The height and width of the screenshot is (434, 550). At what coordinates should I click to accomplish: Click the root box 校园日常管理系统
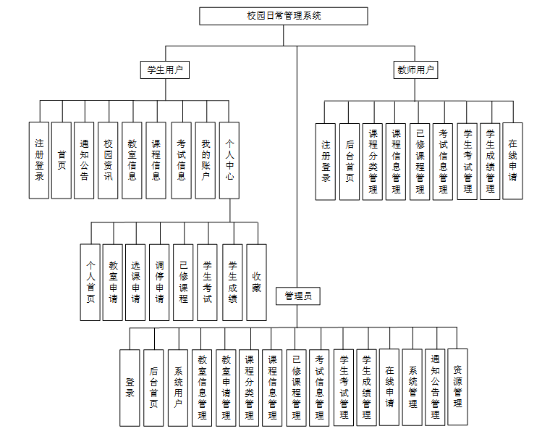[284, 16]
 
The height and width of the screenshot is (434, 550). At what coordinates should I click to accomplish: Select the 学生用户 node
[164, 70]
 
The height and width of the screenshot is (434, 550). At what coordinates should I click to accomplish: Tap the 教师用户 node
[416, 70]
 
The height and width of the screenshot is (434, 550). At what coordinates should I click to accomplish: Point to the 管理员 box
[297, 296]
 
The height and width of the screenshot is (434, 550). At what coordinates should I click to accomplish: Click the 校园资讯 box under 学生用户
[109, 159]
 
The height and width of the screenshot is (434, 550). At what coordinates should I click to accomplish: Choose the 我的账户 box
[206, 159]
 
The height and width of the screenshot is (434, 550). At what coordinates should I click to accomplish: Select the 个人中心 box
[229, 159]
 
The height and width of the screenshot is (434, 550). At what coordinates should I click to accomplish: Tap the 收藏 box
[256, 282]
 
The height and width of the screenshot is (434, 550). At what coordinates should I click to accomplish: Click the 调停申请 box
[160, 282]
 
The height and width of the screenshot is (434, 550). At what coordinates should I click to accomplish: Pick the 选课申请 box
[136, 282]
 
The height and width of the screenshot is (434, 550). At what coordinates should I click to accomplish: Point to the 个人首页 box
[90, 282]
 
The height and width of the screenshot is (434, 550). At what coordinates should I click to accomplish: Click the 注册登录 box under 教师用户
[326, 161]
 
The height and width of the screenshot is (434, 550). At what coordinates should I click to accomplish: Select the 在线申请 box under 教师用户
[512, 161]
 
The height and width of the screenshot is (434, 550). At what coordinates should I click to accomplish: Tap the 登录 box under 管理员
[130, 387]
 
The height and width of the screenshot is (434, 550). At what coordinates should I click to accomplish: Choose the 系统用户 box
[177, 387]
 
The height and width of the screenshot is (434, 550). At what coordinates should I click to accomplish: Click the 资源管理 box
[457, 387]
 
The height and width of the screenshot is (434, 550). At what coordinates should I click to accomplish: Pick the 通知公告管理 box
[435, 387]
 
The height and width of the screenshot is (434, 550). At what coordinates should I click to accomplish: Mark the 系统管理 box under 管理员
[412, 387]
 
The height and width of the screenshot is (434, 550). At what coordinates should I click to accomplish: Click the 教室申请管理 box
[225, 387]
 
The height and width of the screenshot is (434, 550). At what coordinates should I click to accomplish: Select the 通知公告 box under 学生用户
[85, 159]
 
